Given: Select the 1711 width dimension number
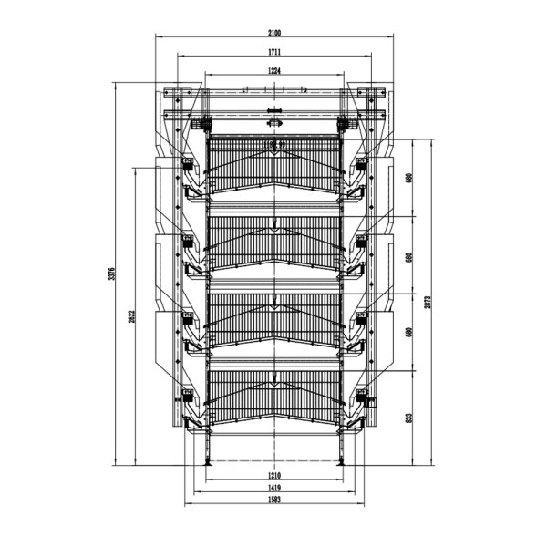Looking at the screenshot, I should point(273,52).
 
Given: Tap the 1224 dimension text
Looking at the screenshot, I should point(273,70).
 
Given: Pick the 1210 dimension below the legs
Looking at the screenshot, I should point(273,476).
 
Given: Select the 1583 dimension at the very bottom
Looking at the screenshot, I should point(273,501).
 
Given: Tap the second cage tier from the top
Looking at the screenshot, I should point(273,239).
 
